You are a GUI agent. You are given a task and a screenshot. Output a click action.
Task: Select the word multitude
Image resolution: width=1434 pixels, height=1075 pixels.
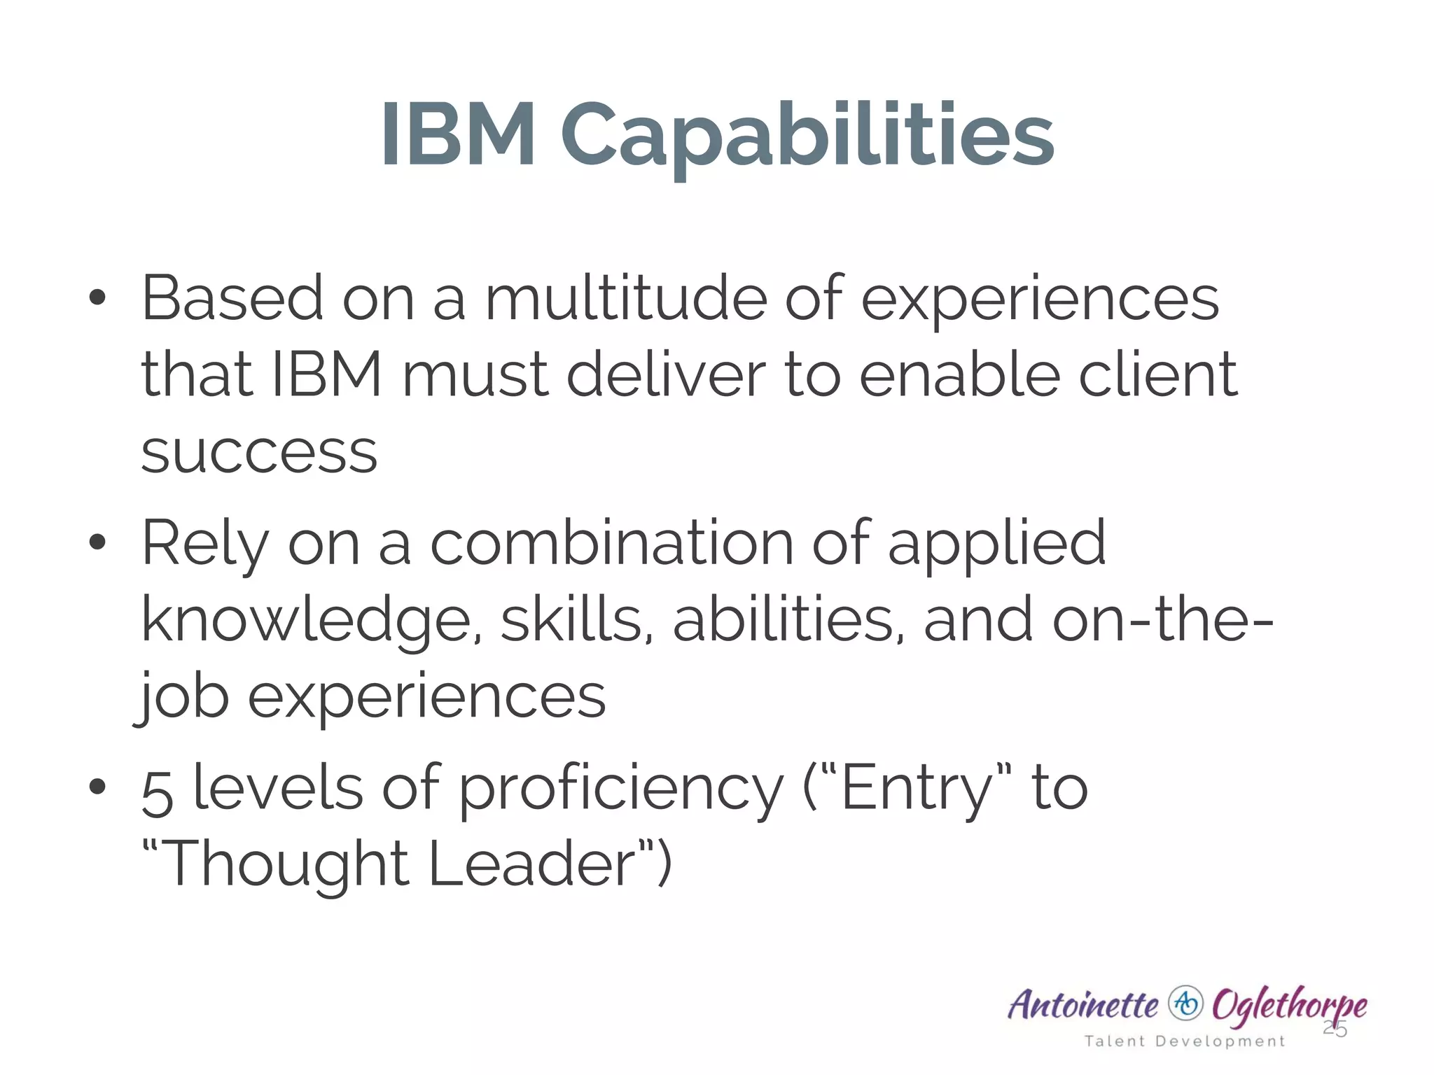(626, 299)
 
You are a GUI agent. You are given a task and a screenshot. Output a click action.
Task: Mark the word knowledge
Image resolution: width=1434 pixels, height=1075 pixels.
(307, 621)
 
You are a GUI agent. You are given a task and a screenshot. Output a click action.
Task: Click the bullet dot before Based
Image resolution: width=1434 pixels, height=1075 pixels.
(98, 298)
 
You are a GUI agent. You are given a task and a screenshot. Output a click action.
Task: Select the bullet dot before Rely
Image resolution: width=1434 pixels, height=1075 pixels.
(98, 542)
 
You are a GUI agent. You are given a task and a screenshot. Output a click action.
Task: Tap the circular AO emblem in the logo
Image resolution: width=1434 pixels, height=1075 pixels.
(1186, 1004)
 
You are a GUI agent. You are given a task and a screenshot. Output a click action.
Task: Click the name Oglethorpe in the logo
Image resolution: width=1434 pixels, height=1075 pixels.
(1289, 1006)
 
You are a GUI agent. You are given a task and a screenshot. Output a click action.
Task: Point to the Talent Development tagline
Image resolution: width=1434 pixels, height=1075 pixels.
(1185, 1041)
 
